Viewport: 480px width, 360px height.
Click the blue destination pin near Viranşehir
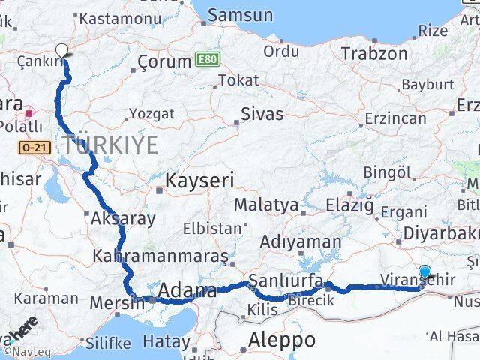tap(425, 273)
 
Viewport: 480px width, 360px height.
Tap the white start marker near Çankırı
tap(62, 50)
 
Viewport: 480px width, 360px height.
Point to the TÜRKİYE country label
tap(110, 145)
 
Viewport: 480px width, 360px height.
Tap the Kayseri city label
tap(199, 180)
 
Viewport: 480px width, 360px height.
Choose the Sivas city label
tap(262, 114)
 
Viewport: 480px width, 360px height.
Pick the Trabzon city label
tap(374, 53)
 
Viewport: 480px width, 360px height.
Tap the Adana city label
tap(187, 289)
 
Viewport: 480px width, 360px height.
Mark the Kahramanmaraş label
tap(160, 256)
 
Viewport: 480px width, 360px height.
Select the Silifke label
tap(108, 343)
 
